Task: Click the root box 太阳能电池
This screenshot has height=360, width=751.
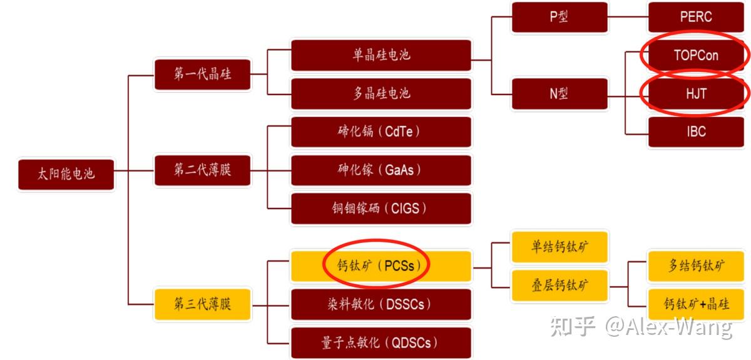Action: tap(66, 174)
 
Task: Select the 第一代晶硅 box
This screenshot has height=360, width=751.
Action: tap(202, 74)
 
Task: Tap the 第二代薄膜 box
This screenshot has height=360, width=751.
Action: tap(202, 170)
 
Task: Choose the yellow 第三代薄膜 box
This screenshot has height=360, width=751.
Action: tap(202, 304)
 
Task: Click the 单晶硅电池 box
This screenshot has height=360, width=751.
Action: tap(381, 55)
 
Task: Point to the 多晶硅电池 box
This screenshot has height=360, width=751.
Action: tap(381, 93)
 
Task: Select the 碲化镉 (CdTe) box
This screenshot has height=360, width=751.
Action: tap(381, 131)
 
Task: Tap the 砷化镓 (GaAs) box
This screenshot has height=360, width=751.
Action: tap(381, 170)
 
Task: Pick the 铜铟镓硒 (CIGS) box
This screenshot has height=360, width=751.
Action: tap(381, 208)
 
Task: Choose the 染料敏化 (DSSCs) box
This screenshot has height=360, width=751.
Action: tap(381, 304)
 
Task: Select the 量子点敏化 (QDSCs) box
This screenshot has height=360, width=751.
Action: tap(381, 342)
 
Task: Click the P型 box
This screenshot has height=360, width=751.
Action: tap(559, 17)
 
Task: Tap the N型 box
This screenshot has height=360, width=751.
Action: tap(559, 93)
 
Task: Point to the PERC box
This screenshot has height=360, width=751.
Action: tap(695, 17)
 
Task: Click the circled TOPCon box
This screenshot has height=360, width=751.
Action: tap(695, 55)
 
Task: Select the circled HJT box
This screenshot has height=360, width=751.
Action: tap(695, 93)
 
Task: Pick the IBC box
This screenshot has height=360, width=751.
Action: tap(695, 131)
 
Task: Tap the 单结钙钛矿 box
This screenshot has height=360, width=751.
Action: tap(559, 246)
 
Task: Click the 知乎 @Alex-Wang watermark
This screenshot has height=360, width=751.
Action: tap(641, 327)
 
